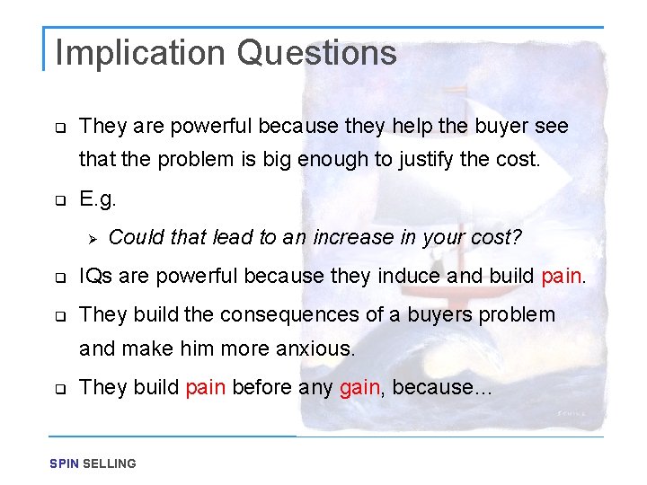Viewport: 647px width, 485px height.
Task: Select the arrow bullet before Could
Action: coord(89,238)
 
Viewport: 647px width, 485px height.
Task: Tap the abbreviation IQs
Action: coord(95,275)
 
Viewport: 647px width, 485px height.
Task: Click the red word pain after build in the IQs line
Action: coord(563,275)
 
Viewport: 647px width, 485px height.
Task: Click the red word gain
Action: coord(361,387)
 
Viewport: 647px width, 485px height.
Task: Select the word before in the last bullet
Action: coord(261,387)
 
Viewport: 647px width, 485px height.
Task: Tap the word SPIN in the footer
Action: coord(65,463)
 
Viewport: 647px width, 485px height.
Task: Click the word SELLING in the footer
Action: coord(110,463)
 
